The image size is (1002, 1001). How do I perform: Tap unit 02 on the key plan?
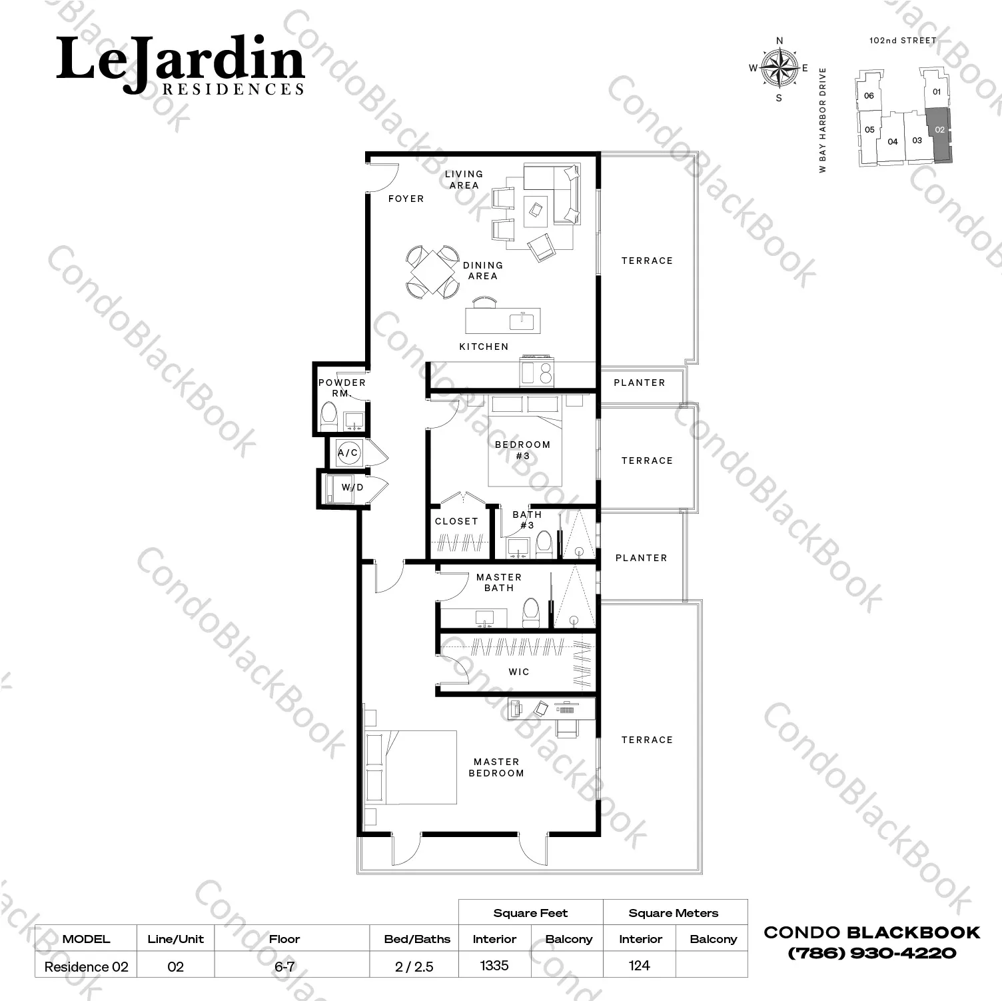(x=939, y=135)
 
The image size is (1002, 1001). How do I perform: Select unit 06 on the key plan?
(x=869, y=95)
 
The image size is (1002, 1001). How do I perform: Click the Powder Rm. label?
(x=342, y=388)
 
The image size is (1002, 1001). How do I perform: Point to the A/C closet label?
(x=348, y=453)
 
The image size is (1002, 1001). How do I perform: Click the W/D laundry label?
(x=352, y=487)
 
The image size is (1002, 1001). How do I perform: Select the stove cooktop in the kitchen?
(x=537, y=373)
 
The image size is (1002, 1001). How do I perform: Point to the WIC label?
(x=519, y=672)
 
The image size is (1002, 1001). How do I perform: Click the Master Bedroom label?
(x=496, y=767)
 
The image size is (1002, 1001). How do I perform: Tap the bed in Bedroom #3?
(x=526, y=441)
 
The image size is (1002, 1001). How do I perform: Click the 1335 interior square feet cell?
(x=494, y=965)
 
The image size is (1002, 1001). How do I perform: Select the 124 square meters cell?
(x=639, y=965)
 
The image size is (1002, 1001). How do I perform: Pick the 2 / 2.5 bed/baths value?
(x=414, y=966)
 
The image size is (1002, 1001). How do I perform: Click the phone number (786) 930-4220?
(x=872, y=953)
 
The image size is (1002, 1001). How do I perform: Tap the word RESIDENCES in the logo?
(x=233, y=89)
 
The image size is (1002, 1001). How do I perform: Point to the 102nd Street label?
(x=903, y=41)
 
